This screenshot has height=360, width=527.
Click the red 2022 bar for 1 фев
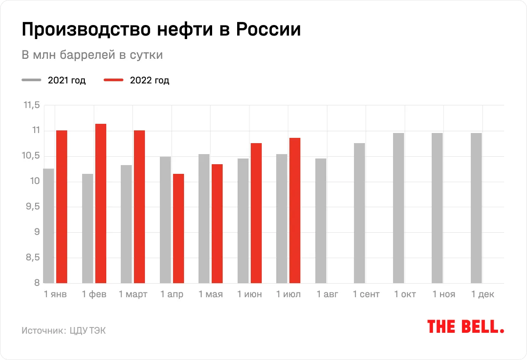coord(101,203)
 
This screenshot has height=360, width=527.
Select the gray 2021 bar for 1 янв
coord(48,226)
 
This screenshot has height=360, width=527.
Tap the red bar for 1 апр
coord(178,228)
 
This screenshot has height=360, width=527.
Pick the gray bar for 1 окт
coord(398,208)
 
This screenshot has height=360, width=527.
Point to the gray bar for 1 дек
coord(476,208)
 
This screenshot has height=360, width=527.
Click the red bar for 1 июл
coord(295,210)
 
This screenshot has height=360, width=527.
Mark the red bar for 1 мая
coord(217,223)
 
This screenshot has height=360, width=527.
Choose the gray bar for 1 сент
coord(359,213)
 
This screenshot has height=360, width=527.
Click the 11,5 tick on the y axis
coord(31,105)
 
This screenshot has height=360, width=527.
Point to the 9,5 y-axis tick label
coord(32,207)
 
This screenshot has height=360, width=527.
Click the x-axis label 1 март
coord(133,295)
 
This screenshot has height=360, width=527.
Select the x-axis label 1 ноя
coord(444,295)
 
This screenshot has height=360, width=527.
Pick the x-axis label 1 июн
coord(249,295)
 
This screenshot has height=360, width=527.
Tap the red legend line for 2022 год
coord(113,80)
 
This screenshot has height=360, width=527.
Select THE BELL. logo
coord(466,326)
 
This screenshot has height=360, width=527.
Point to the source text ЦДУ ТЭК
coord(88,331)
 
